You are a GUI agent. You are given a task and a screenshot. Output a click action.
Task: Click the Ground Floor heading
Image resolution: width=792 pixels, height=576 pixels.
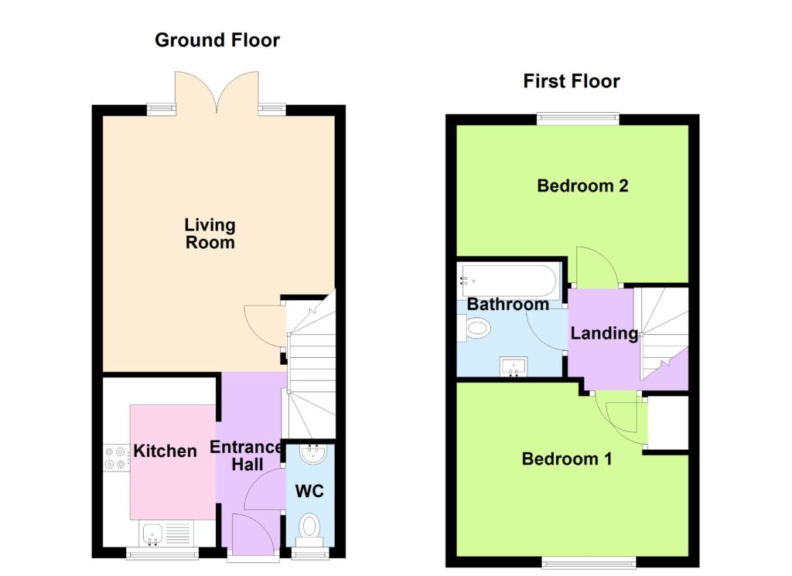coord(217,40)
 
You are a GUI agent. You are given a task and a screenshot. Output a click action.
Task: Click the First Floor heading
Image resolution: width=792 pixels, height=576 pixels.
coord(572,81)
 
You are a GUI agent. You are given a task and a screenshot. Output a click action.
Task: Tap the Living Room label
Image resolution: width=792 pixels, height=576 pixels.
coord(210,233)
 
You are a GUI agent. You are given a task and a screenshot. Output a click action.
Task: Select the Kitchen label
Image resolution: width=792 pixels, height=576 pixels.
coord(166,451)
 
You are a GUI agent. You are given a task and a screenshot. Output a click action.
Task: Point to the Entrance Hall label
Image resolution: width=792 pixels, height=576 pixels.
coord(247,455)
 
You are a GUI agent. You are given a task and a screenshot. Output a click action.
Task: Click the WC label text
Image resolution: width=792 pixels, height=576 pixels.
coord(309,491)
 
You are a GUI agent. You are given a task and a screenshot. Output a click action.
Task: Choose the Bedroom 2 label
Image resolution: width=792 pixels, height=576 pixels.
coord(583,186)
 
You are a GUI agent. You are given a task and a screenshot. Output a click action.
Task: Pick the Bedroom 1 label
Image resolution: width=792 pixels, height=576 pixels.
coord(567,459)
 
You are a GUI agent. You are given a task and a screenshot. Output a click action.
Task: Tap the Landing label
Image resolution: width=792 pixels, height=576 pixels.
coord(605,333)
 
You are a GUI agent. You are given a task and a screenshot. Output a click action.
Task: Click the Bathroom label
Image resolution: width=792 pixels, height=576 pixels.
coord(508,304)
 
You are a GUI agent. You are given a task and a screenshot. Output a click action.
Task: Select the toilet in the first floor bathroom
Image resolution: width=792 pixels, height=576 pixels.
coord(474,328)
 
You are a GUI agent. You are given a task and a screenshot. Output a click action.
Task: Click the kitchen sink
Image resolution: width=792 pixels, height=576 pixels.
coord(152,534)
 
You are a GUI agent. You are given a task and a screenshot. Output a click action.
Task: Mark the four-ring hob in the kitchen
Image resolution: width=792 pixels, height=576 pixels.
coord(116,458)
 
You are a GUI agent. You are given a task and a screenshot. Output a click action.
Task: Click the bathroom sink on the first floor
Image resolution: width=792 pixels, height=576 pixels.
coord(514,366)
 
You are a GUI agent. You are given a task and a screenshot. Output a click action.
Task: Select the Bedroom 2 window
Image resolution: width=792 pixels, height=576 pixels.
coord(578,118)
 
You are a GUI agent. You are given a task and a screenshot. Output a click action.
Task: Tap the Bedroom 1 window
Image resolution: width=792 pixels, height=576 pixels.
coord(589,562)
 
